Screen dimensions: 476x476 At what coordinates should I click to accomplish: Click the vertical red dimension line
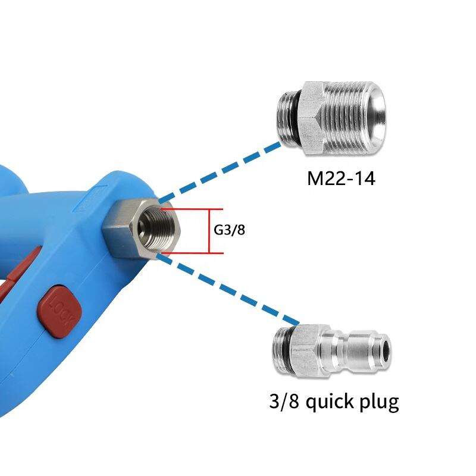click(x=209, y=231)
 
